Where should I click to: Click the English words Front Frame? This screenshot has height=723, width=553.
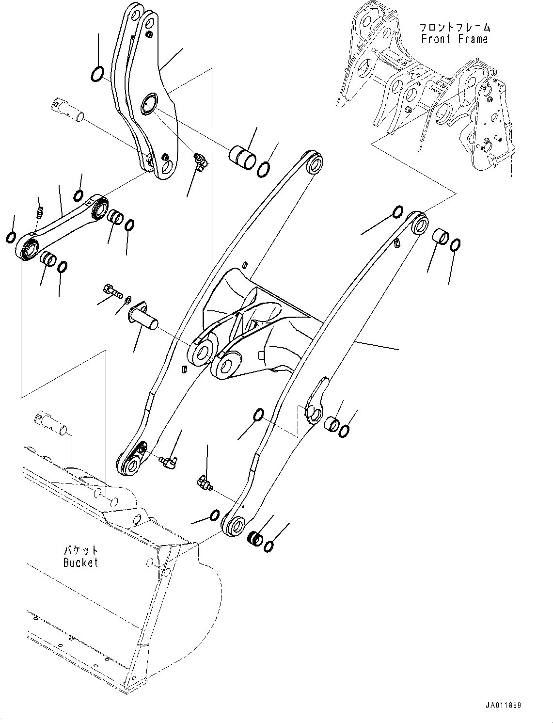454,39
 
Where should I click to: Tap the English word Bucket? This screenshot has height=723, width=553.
80,562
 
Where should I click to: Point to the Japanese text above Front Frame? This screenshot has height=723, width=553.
454,27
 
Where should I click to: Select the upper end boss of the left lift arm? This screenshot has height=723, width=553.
313,163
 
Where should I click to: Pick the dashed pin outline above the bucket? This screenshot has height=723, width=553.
52,421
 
